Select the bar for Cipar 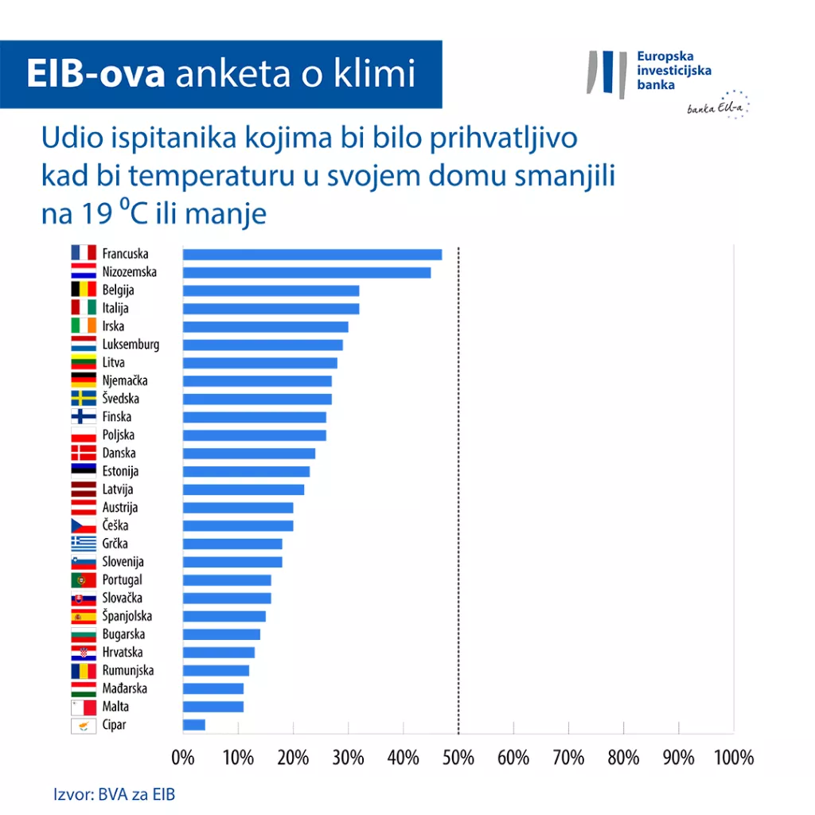pos(194,725)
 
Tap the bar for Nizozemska pos(306,272)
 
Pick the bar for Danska pos(249,454)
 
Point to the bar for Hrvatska pos(219,653)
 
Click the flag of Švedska pos(84,399)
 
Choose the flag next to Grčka pos(84,544)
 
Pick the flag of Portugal pos(84,580)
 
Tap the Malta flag pos(84,707)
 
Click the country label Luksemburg pos(131,345)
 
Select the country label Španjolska pos(127,616)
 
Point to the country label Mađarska pos(125,688)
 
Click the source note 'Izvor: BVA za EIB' pos(115,794)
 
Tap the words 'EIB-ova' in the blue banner pos(96,74)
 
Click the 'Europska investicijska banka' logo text pos(674,71)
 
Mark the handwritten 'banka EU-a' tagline pos(712,109)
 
